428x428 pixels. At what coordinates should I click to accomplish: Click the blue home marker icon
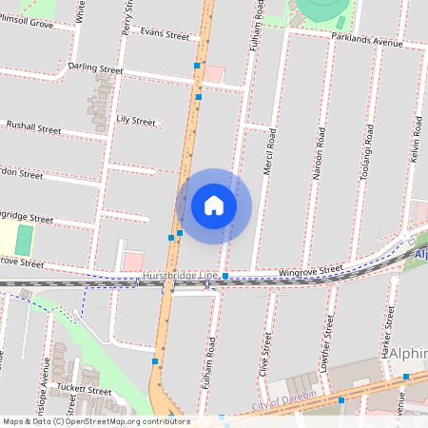pyautogui.click(x=214, y=205)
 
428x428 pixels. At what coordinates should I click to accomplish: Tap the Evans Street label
pyautogui.click(x=165, y=34)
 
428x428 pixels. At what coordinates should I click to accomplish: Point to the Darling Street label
pyautogui.click(x=96, y=69)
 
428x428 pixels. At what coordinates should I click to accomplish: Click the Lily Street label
pyautogui.click(x=136, y=121)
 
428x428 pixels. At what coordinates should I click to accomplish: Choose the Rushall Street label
pyautogui.click(x=33, y=126)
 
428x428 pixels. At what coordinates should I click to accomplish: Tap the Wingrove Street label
pyautogui.click(x=310, y=272)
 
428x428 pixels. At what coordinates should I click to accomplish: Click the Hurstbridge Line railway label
pyautogui.click(x=180, y=276)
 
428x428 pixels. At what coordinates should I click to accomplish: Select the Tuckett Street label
pyautogui.click(x=83, y=390)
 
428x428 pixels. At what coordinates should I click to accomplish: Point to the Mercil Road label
pyautogui.click(x=270, y=150)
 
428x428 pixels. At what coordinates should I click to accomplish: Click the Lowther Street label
pyautogui.click(x=327, y=344)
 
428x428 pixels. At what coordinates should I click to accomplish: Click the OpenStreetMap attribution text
pyautogui.click(x=95, y=421)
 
